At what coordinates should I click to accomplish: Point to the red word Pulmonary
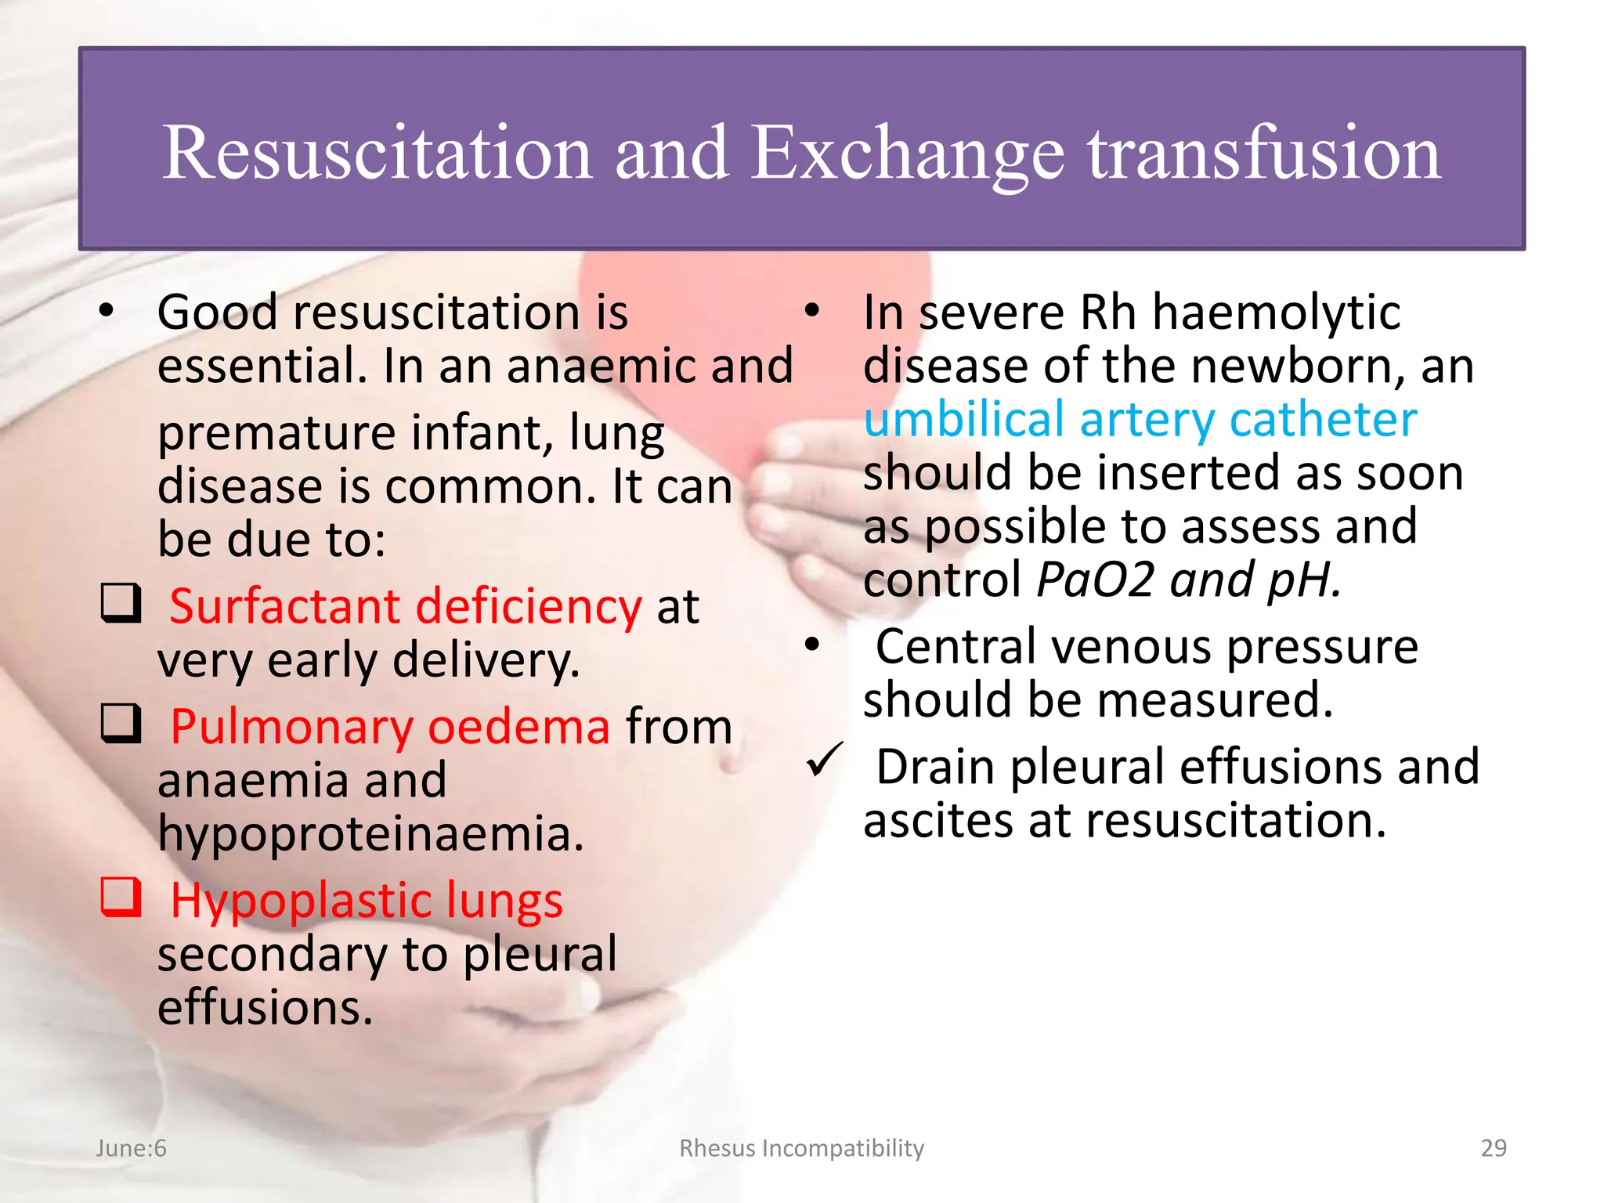click(291, 727)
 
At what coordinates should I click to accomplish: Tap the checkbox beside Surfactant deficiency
click(121, 604)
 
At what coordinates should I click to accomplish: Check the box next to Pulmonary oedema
click(121, 724)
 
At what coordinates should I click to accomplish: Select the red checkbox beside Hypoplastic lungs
click(121, 897)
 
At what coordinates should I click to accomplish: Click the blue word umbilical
click(963, 419)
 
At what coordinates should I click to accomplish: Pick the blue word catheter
click(1323, 419)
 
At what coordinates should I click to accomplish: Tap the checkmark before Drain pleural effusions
click(824, 760)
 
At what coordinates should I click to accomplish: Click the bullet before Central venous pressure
click(812, 645)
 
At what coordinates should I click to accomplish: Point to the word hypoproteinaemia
click(370, 833)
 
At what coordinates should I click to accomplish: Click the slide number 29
click(1494, 1147)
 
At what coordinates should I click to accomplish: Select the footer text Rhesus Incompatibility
click(801, 1147)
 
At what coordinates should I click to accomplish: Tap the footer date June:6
click(131, 1147)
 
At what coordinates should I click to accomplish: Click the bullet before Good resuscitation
click(107, 311)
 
